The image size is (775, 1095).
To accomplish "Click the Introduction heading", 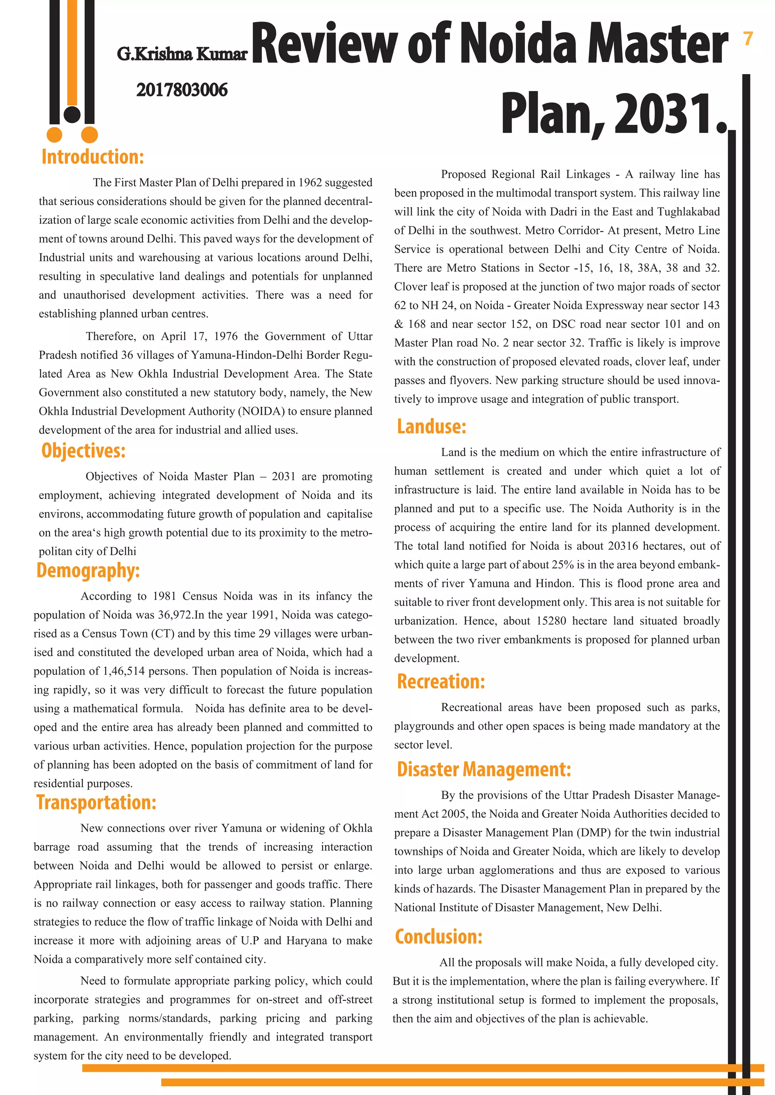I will pos(93,157).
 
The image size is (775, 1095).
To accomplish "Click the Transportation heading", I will pos(96,803).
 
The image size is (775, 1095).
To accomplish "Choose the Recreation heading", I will pos(440,681).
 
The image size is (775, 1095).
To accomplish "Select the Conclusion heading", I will pos(438,937).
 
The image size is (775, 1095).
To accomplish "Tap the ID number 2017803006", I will pos(182,90).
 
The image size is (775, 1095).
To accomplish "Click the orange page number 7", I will pos(748,39).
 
